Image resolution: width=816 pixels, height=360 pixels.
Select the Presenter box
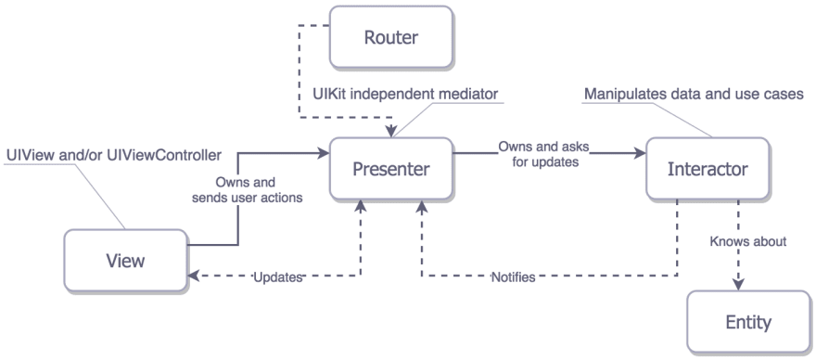(x=390, y=169)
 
